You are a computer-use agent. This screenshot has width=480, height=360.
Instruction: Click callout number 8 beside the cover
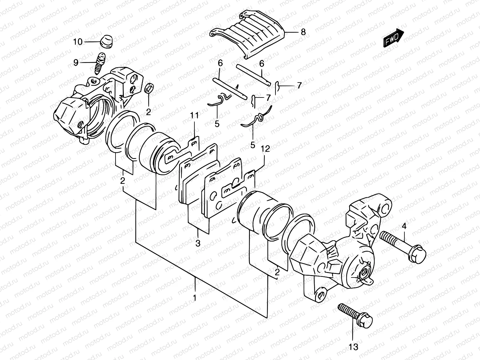pos(303,32)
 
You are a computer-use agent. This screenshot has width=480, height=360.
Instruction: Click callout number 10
pos(77,42)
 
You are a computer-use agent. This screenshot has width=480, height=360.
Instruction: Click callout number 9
pos(76,62)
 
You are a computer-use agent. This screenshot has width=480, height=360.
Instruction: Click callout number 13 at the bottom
pos(354,347)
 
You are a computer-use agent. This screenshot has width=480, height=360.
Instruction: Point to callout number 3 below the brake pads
pos(198,244)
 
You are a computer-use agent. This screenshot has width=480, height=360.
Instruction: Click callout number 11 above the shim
pos(194,115)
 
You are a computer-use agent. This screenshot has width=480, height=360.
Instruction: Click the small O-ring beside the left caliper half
pos(149,89)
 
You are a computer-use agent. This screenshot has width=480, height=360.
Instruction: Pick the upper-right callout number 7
pos(299,85)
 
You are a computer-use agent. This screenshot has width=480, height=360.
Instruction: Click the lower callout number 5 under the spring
pos(253,145)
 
